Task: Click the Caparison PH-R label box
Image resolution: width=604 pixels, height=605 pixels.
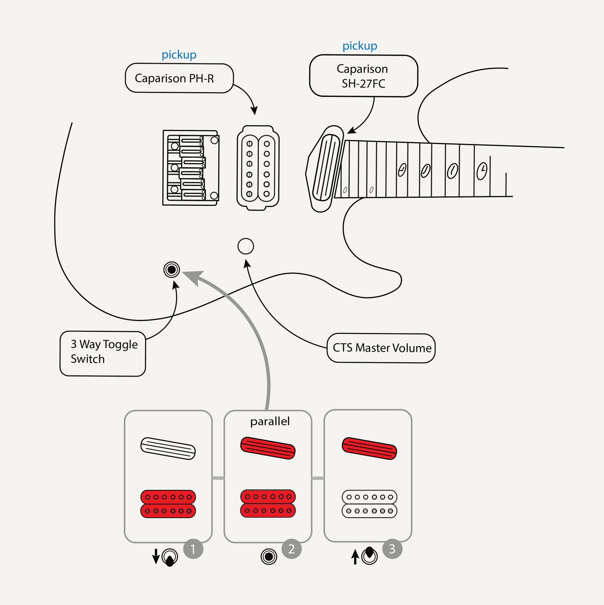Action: pyautogui.click(x=179, y=78)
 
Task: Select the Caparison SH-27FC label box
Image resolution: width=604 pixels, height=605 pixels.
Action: pyautogui.click(x=363, y=76)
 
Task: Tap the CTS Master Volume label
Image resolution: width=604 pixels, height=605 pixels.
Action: pyautogui.click(x=381, y=348)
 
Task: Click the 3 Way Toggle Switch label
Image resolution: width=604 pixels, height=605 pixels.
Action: pyautogui.click(x=103, y=353)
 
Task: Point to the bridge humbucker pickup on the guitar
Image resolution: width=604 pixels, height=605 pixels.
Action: pyautogui.click(x=258, y=168)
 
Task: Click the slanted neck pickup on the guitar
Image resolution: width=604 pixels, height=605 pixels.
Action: pyautogui.click(x=325, y=168)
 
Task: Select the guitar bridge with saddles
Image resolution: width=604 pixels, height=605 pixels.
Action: pyautogui.click(x=190, y=168)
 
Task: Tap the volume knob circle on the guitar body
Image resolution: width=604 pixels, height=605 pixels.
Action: pyautogui.click(x=246, y=246)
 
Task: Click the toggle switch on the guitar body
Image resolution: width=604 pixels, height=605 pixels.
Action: pyautogui.click(x=172, y=270)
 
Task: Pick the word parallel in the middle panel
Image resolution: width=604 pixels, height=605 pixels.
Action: pyautogui.click(x=270, y=421)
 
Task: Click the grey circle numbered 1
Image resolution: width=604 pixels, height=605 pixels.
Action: pyautogui.click(x=193, y=549)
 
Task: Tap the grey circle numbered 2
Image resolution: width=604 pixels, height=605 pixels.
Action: pyautogui.click(x=292, y=549)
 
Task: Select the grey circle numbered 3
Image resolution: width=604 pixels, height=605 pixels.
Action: pyautogui.click(x=392, y=549)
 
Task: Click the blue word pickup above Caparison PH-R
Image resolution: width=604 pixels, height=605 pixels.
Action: pyautogui.click(x=179, y=55)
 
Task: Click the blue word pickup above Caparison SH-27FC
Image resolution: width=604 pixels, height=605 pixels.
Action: pyautogui.click(x=360, y=46)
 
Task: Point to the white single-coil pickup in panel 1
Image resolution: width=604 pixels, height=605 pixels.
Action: pyautogui.click(x=168, y=448)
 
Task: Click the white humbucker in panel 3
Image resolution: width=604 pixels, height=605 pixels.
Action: pyautogui.click(x=369, y=504)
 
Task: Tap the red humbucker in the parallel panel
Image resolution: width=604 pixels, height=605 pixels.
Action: pyautogui.click(x=268, y=504)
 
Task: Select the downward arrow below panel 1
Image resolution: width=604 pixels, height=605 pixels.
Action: pyautogui.click(x=156, y=557)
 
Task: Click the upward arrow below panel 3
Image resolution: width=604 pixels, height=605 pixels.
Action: pyautogui.click(x=355, y=557)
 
